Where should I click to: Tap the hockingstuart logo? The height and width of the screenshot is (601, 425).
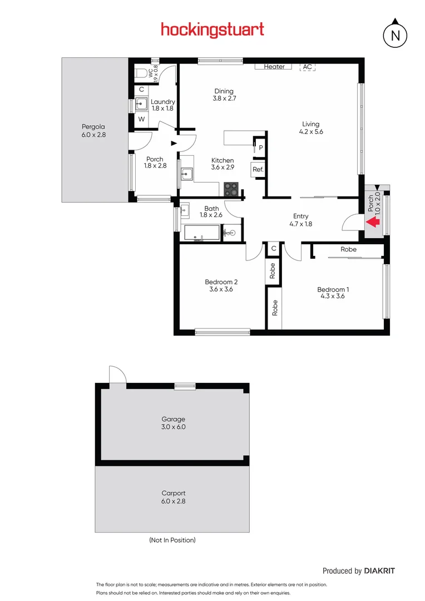pos(212,29)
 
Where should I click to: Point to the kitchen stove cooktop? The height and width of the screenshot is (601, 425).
pos(231,189)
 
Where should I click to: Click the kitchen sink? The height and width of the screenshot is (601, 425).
pos(186,174)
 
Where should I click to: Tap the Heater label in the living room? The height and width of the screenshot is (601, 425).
pos(274,67)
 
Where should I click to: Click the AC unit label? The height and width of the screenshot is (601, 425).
pos(308,67)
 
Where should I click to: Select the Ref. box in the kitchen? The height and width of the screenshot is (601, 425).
pos(258,169)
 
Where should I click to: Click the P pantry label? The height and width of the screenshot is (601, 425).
pos(260,147)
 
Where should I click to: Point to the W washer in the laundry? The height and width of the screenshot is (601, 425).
pos(141,119)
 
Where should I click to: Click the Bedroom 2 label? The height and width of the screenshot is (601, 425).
pos(220,282)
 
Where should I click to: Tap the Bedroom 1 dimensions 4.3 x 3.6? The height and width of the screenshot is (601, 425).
pos(333,296)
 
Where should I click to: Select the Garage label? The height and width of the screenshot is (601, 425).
pos(173,419)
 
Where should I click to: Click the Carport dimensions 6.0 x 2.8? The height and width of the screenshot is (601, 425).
pos(173,501)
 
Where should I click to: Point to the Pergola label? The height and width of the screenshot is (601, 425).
pos(93,126)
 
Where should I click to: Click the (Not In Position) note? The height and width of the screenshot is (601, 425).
pos(172,540)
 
